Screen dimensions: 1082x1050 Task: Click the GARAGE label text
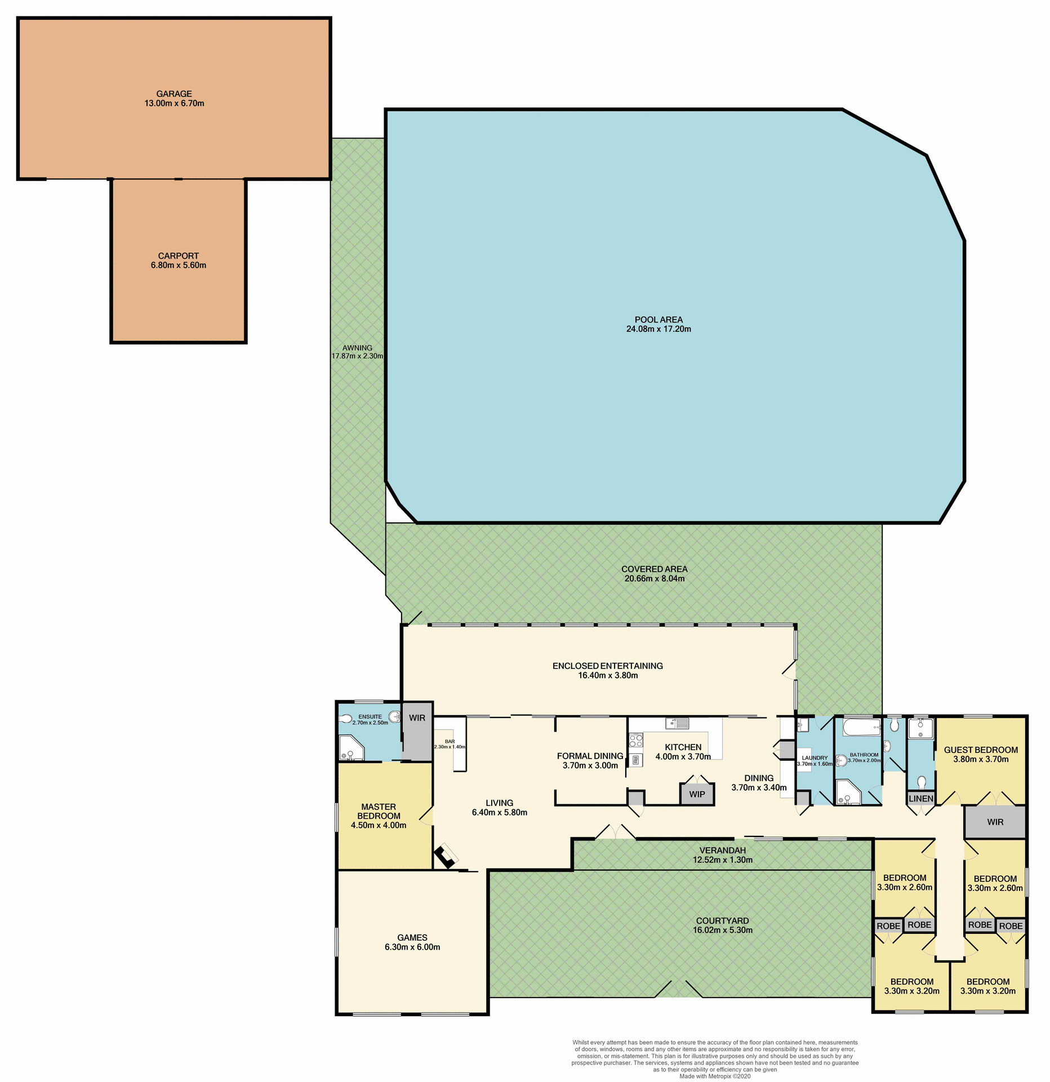click(x=174, y=94)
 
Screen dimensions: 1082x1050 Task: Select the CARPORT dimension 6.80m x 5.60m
click(x=178, y=265)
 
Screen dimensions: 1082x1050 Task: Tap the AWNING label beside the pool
click(x=357, y=348)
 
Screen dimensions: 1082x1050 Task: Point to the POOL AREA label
click(x=658, y=320)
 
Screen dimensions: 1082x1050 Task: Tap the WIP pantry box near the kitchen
click(x=697, y=794)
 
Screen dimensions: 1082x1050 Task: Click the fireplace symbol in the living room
click(x=446, y=857)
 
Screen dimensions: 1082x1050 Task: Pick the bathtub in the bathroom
click(x=861, y=727)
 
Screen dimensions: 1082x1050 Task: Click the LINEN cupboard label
click(x=921, y=799)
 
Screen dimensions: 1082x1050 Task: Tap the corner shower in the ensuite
click(x=350, y=748)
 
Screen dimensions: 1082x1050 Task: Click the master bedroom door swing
click(x=426, y=815)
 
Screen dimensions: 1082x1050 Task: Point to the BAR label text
click(x=450, y=742)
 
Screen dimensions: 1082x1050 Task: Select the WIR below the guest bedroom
click(x=995, y=822)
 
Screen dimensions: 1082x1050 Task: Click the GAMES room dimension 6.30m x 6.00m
click(x=412, y=947)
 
